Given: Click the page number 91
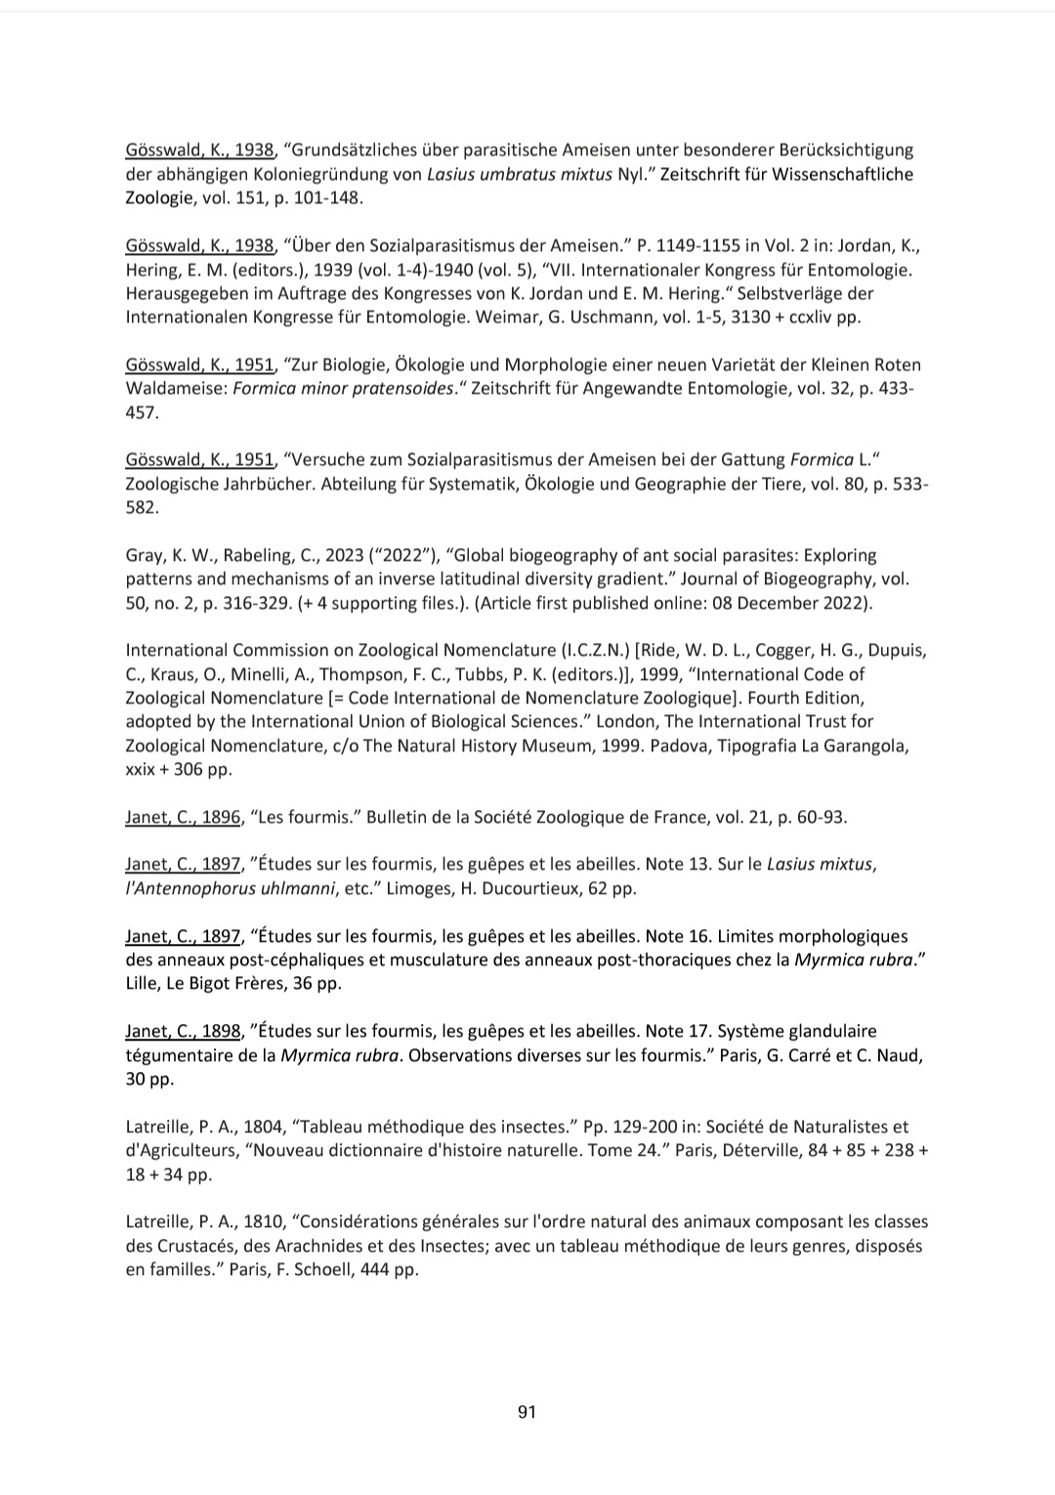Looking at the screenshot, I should (x=527, y=1411).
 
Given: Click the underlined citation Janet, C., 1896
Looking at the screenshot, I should (x=183, y=817).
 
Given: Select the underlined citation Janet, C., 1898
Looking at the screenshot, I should (x=183, y=1031).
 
